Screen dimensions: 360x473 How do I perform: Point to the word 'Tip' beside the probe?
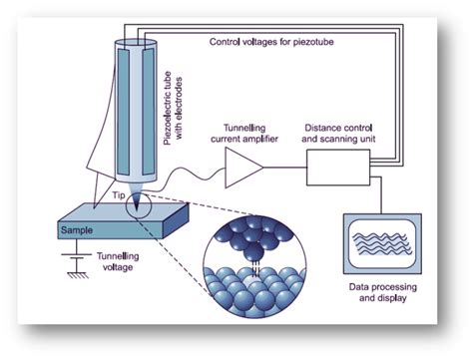(x=117, y=195)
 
